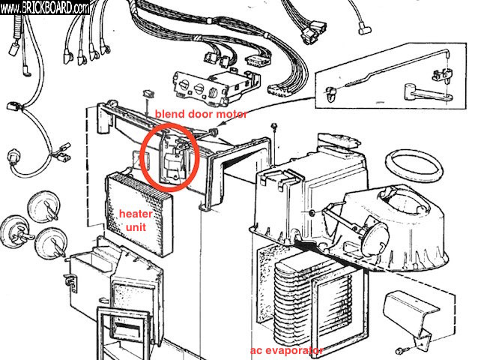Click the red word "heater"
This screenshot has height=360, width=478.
point(134,213)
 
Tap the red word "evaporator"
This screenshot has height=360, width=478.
point(297,350)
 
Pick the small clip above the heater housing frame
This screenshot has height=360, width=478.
point(146,93)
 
